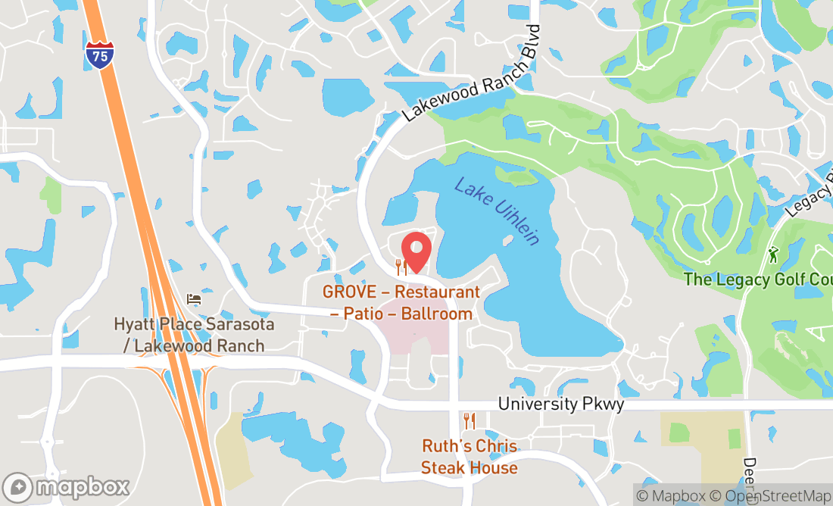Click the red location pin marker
pos(416,250)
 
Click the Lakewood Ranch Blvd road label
pos(473,73)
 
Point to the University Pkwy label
pos(560,404)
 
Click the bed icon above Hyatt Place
pos(194,299)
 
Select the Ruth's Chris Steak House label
pos(470,457)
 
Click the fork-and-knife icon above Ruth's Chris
pos(470,420)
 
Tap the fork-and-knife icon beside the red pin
pos(401,267)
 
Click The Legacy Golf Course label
pos(757,280)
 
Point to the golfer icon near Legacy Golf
pos(772,255)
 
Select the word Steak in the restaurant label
pos(443,467)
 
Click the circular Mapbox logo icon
pos(18,486)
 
